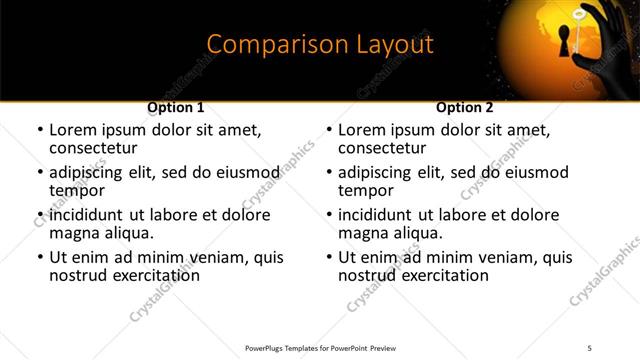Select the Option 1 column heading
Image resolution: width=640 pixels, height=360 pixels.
(x=176, y=107)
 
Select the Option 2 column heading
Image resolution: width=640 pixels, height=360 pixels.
(x=465, y=107)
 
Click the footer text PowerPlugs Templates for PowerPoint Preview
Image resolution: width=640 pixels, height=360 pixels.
(x=321, y=348)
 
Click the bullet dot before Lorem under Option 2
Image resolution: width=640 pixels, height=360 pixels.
(x=329, y=130)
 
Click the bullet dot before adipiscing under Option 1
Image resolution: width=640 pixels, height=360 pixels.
(x=40, y=173)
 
